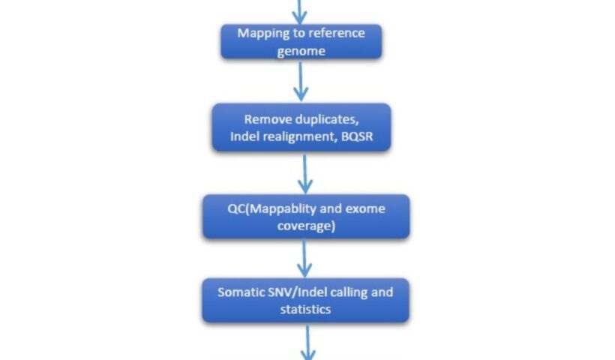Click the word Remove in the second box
268,120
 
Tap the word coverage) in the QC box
305,225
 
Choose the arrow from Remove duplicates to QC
304,172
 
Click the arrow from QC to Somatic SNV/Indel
304,258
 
